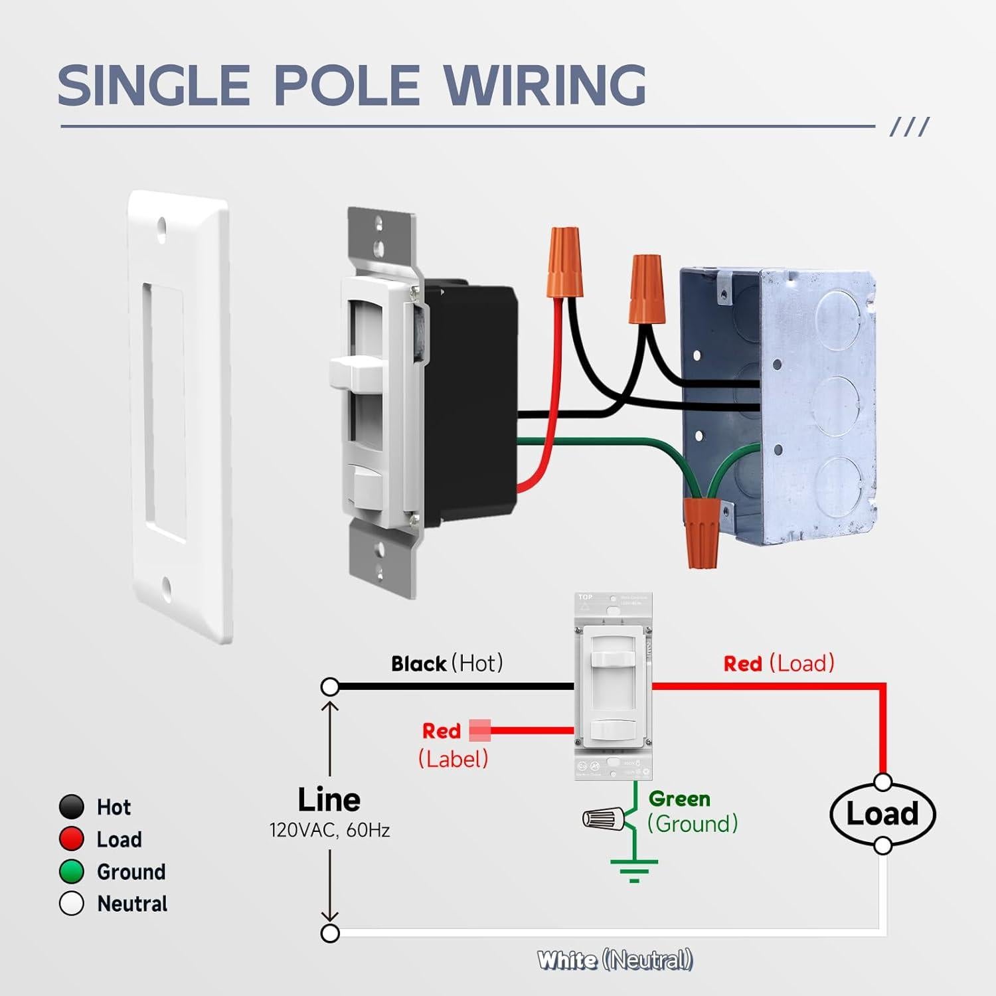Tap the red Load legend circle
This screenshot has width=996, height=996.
(x=71, y=839)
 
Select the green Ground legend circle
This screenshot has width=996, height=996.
(x=71, y=871)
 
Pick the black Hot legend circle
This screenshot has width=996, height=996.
(x=71, y=807)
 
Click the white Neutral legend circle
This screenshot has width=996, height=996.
(x=71, y=904)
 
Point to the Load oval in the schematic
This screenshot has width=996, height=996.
(x=882, y=814)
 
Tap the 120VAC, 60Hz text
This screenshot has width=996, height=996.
(x=329, y=831)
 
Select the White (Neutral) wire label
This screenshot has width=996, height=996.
(x=615, y=960)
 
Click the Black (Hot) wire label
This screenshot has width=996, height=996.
(x=447, y=663)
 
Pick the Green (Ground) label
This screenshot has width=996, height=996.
(x=693, y=811)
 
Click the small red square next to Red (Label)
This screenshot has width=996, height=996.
(x=479, y=730)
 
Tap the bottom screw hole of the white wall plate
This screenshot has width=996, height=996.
(x=166, y=586)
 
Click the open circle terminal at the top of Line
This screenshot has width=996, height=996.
(x=330, y=687)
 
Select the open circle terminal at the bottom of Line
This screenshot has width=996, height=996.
(x=330, y=933)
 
